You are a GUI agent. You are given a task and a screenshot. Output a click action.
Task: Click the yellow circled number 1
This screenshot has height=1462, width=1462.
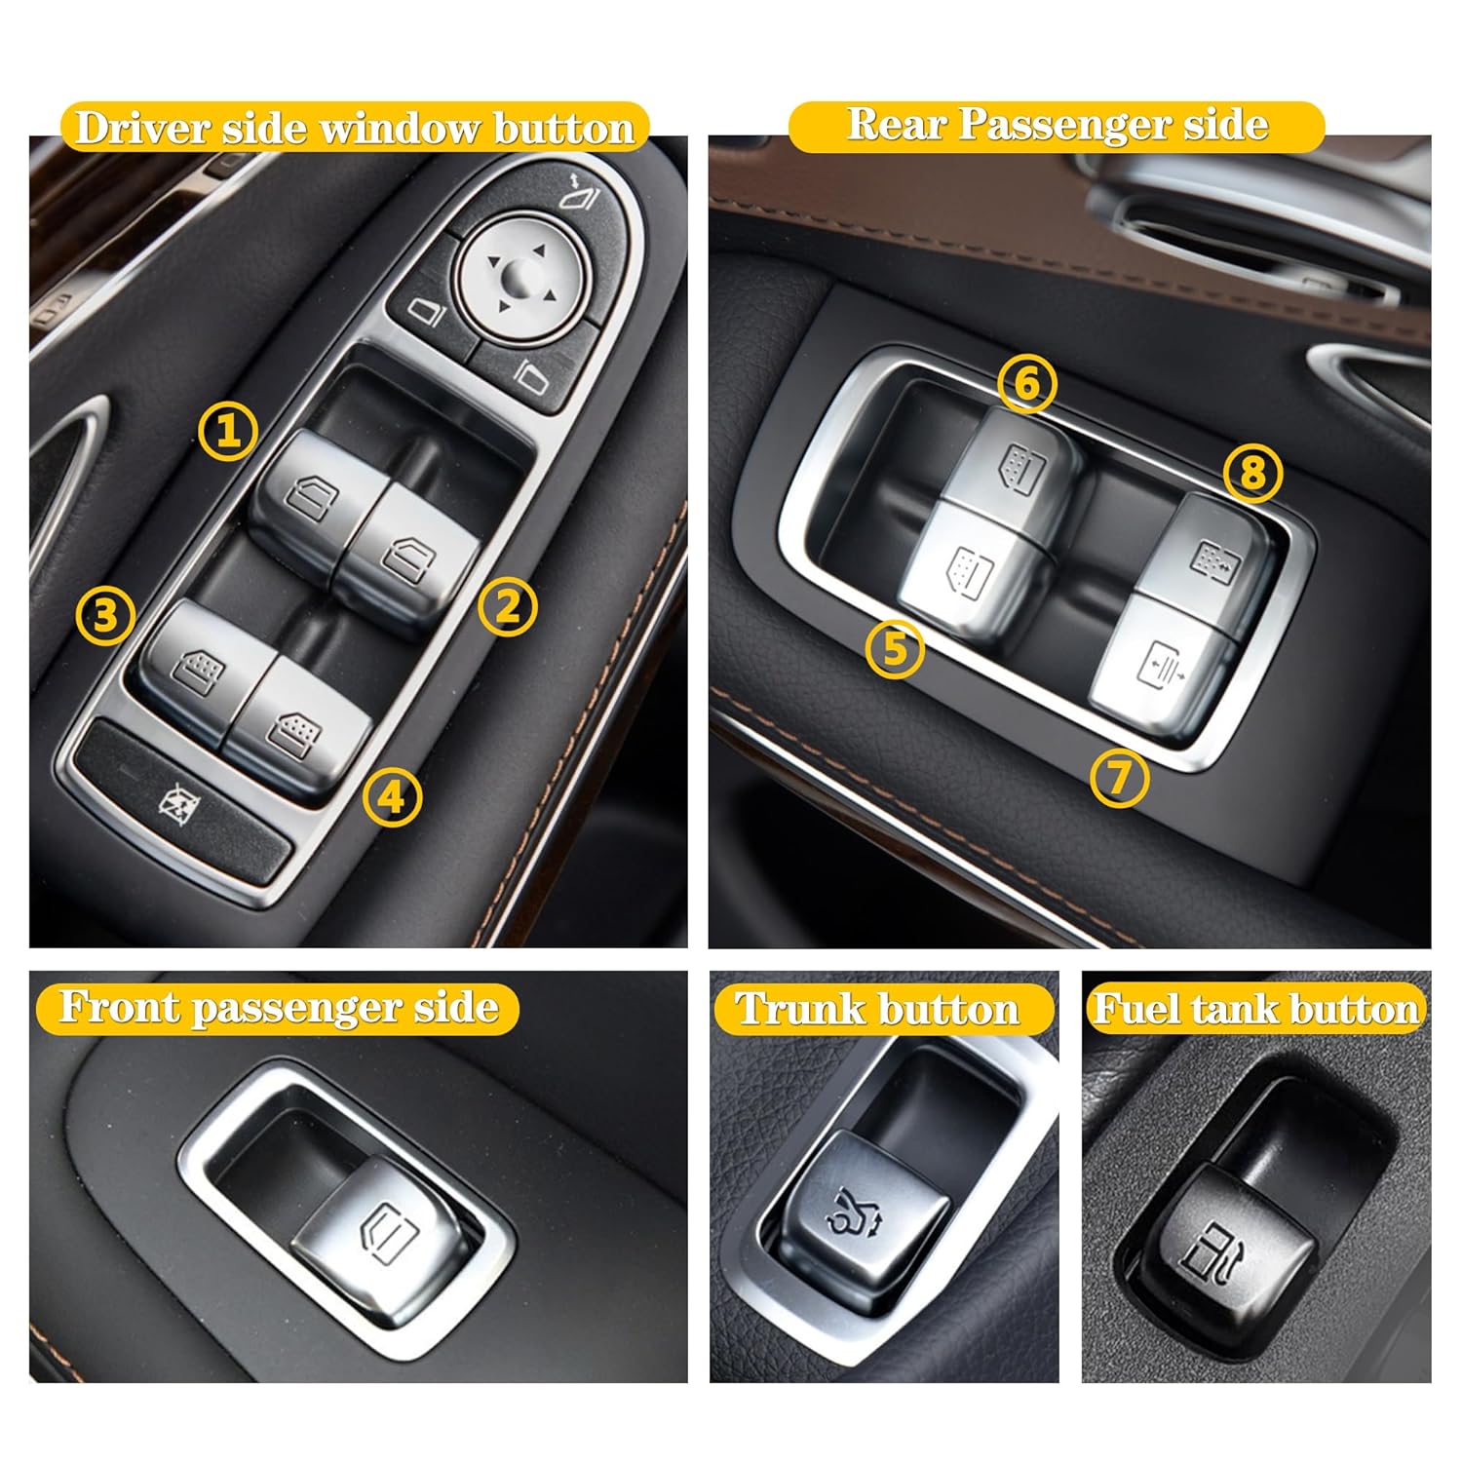pos(228,430)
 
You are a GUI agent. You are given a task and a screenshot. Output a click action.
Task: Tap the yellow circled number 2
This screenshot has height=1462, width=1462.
pos(508,607)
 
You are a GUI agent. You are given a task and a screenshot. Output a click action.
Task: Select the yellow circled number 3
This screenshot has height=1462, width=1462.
pos(105,615)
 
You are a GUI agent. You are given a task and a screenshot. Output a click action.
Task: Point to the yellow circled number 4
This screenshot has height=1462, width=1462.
pos(392,797)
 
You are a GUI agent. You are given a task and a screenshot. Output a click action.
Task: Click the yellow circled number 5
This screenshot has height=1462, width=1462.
pos(895,650)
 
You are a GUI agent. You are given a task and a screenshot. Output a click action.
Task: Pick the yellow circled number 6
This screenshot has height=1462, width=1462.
pos(1027,383)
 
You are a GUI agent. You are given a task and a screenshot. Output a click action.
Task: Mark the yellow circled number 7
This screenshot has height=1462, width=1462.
pos(1119,777)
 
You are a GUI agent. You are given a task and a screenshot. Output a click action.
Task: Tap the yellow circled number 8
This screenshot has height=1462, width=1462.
pos(1252,473)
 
